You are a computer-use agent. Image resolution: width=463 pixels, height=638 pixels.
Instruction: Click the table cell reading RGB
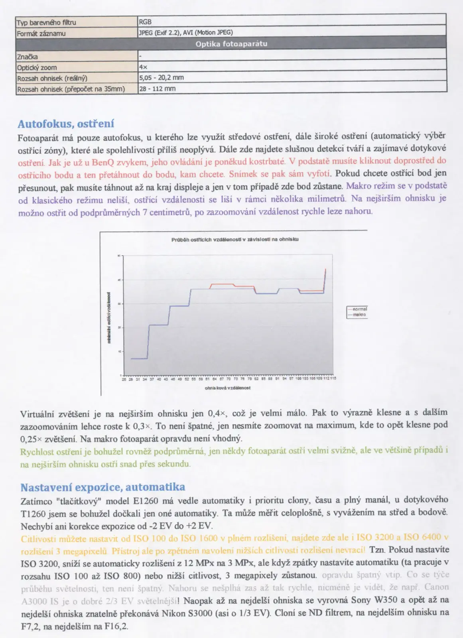click(x=145, y=22)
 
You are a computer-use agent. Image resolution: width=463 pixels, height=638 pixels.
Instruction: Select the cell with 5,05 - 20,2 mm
click(x=161, y=78)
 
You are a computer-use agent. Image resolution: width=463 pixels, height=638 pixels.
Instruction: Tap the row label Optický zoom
click(x=37, y=67)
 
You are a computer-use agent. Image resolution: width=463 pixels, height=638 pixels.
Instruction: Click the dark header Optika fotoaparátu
click(x=231, y=44)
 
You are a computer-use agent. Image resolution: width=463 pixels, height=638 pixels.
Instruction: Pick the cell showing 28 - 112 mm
click(x=157, y=89)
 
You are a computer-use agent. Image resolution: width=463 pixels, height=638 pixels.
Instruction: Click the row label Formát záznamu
click(x=41, y=33)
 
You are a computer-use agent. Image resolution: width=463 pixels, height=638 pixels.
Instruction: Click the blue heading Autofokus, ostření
click(x=66, y=124)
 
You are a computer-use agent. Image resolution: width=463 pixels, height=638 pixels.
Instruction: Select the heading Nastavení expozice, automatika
click(x=102, y=487)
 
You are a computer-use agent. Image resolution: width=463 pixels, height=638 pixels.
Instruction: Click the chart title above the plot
click(x=235, y=240)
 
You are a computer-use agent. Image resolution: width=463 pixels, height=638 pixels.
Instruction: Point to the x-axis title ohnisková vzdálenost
click(x=228, y=388)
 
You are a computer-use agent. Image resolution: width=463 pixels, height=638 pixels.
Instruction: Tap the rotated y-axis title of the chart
click(x=109, y=318)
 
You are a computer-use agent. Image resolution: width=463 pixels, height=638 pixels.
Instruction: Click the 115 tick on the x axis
click(x=333, y=378)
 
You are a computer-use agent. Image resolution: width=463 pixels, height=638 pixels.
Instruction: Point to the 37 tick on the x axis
click(x=152, y=379)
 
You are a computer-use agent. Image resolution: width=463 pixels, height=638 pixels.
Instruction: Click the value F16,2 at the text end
click(x=116, y=626)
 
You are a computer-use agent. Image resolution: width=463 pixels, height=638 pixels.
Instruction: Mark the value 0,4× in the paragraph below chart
click(x=217, y=413)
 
